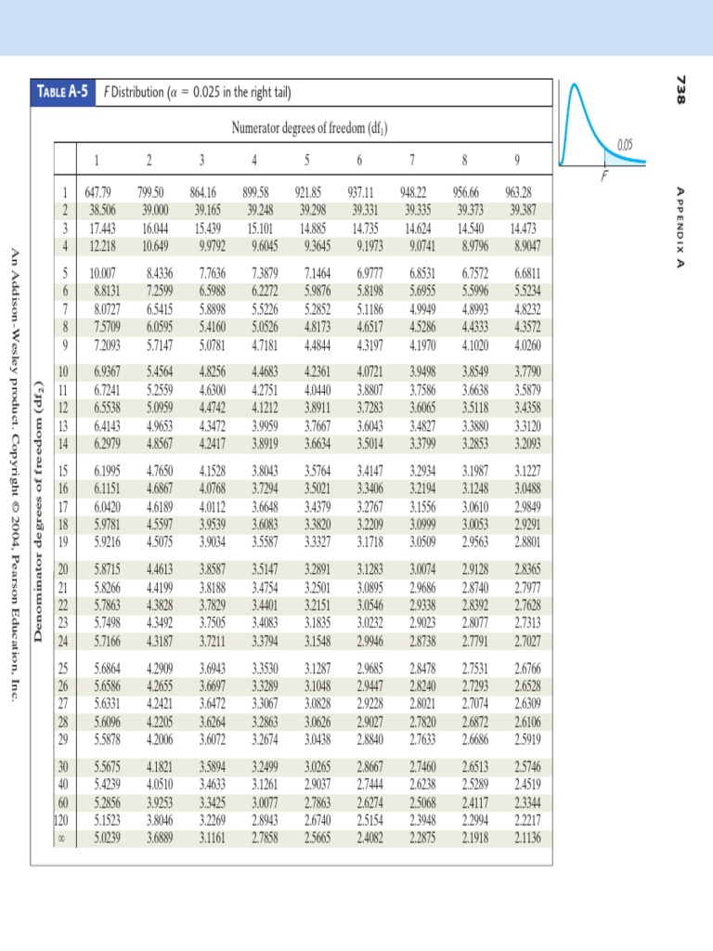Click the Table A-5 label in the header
pyautogui.click(x=65, y=93)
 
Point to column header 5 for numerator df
pyautogui.click(x=307, y=157)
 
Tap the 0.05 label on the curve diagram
pyautogui.click(x=629, y=144)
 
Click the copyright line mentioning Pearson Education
pyautogui.click(x=13, y=474)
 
